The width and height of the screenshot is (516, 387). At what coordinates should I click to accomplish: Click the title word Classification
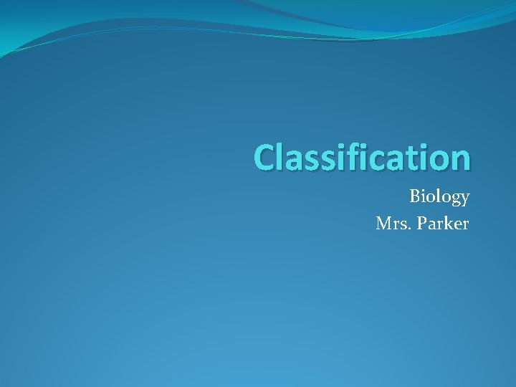363,157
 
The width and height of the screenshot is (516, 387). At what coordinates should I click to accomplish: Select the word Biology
439,196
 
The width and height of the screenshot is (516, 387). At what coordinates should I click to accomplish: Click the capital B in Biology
415,196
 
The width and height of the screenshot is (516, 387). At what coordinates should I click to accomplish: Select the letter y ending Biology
464,199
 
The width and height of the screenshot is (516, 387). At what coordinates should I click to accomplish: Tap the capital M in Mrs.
383,224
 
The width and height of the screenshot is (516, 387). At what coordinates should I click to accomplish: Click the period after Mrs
405,229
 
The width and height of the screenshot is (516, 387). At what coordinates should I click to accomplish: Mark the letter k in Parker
446,223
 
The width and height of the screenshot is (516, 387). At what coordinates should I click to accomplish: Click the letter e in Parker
456,225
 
